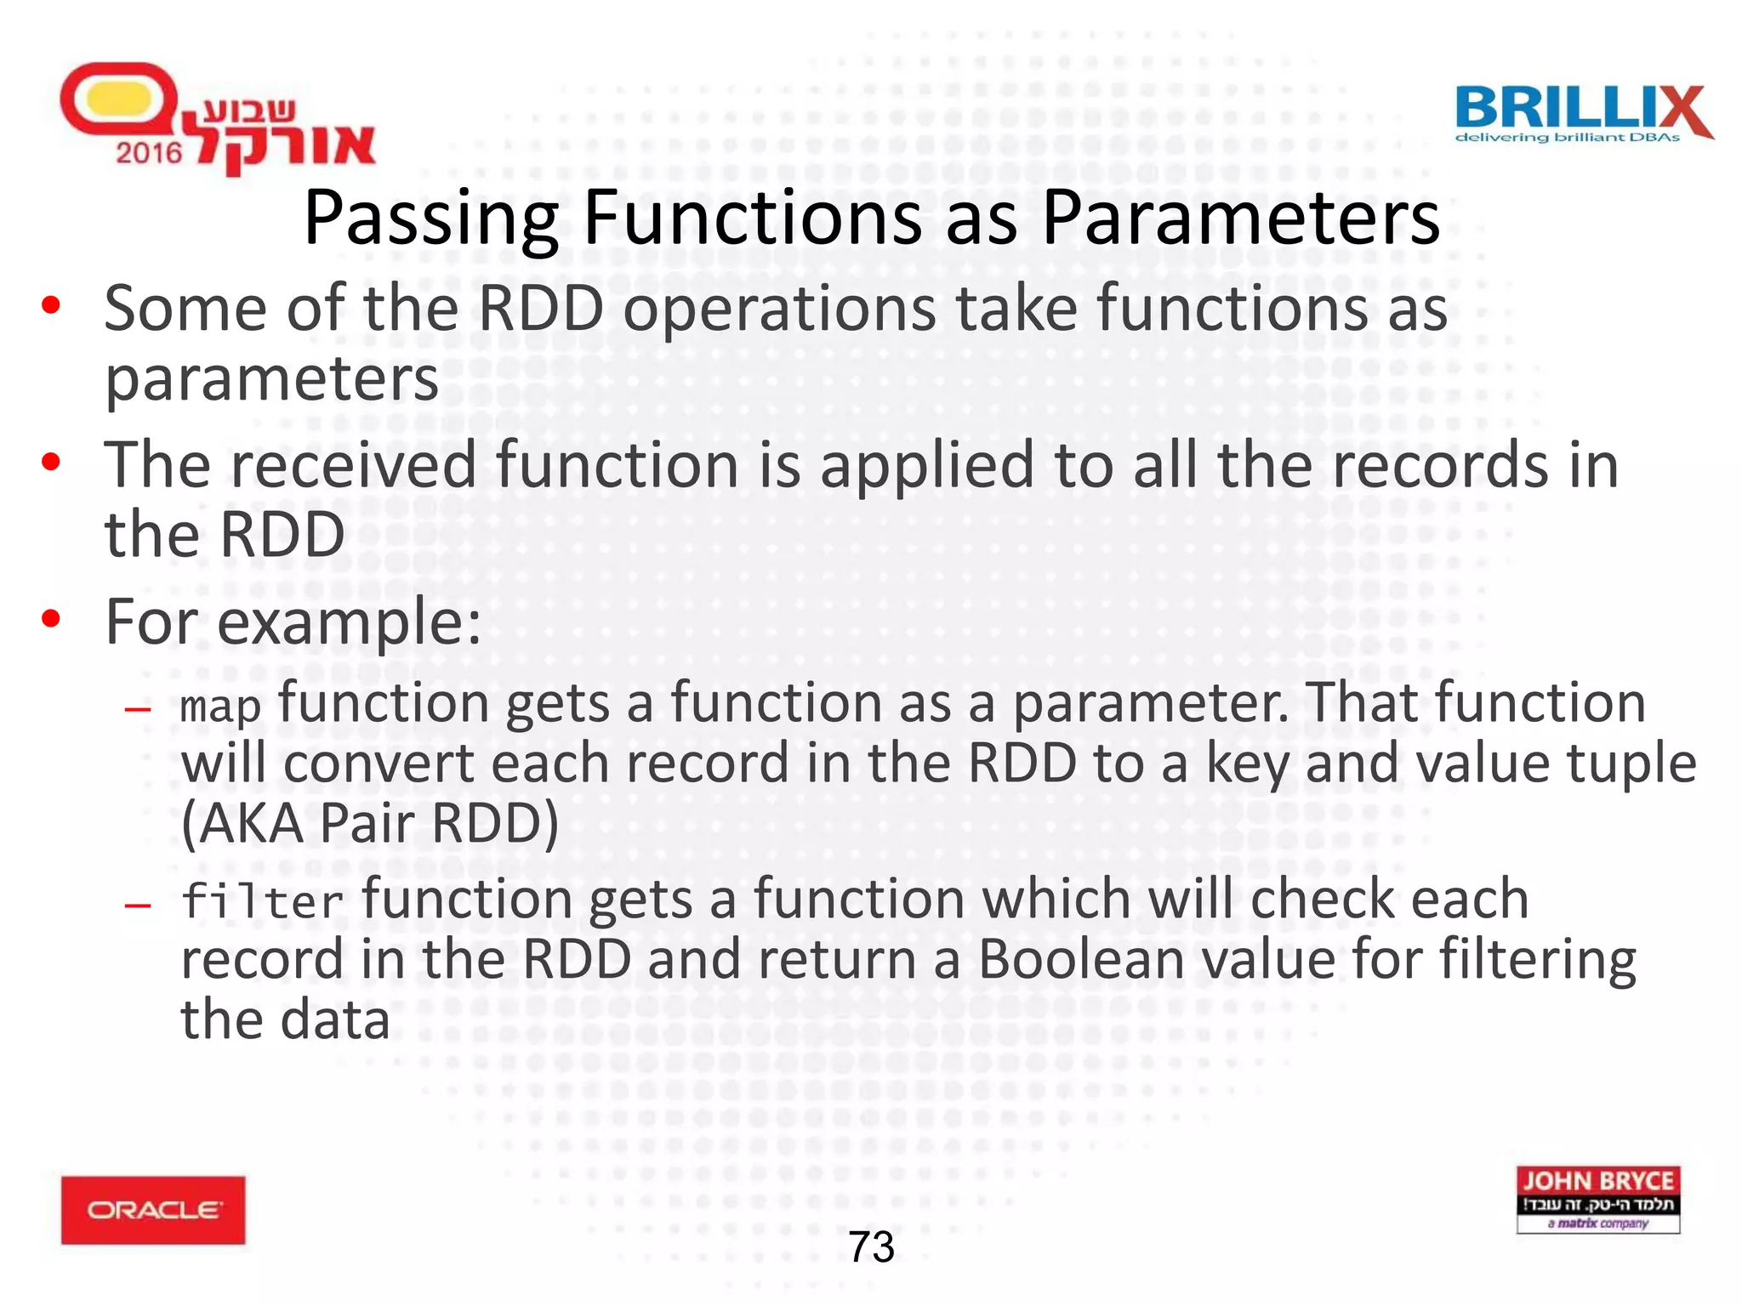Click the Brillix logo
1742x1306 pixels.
coord(1583,113)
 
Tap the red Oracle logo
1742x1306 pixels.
coord(153,1209)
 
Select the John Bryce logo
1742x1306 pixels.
coord(1597,1199)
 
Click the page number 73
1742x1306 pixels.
coord(871,1247)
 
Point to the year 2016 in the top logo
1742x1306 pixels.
coord(149,153)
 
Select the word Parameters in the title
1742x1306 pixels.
coord(1240,218)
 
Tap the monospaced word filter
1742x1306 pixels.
coord(262,901)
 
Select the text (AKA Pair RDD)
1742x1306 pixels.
coord(370,823)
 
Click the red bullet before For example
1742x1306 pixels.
coord(51,619)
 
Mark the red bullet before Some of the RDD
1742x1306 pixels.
coord(51,304)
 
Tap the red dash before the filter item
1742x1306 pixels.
coord(137,905)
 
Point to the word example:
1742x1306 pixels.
coord(349,622)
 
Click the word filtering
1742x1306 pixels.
coord(1537,961)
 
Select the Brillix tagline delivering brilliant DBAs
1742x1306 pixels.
coord(1567,138)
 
